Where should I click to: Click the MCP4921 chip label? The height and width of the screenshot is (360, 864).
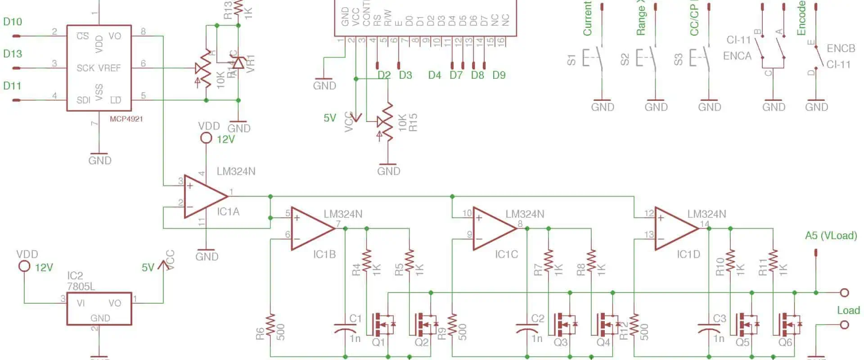click(x=126, y=119)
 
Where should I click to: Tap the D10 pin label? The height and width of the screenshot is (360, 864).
click(x=12, y=22)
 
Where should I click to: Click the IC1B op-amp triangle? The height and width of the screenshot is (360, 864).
click(x=311, y=228)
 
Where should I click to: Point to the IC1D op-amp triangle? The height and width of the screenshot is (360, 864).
click(x=675, y=228)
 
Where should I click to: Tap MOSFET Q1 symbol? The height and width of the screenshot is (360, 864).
click(x=382, y=324)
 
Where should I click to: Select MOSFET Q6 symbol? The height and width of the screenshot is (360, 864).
click(x=788, y=324)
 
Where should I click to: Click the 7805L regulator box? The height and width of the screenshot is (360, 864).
click(x=99, y=309)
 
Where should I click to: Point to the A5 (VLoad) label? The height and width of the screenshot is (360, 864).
click(x=831, y=235)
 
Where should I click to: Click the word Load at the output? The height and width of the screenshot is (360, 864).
click(x=848, y=310)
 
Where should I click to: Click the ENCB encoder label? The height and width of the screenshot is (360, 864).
click(x=841, y=49)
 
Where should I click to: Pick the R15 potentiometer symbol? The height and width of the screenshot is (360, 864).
click(x=387, y=121)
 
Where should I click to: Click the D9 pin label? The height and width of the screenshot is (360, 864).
click(x=499, y=75)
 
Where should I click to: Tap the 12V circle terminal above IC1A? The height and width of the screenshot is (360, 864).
click(x=206, y=138)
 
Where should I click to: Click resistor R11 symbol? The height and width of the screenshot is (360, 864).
click(x=773, y=261)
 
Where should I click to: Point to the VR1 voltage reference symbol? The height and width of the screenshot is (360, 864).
click(x=238, y=63)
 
